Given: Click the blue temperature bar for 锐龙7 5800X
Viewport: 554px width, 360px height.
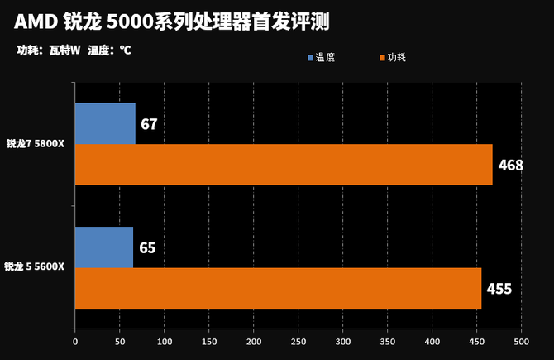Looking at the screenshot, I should pyautogui.click(x=105, y=124).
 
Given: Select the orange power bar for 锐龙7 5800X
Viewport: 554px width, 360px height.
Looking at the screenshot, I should pyautogui.click(x=284, y=165).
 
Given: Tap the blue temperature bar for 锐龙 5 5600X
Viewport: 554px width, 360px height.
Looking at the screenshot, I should pyautogui.click(x=104, y=247).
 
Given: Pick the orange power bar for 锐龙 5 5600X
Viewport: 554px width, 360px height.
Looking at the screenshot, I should pyautogui.click(x=278, y=288).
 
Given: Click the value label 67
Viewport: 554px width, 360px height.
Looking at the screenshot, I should pyautogui.click(x=149, y=125).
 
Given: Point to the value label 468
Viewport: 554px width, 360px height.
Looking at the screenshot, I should pyautogui.click(x=510, y=166).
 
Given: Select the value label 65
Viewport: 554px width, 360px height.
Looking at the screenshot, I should pyautogui.click(x=147, y=247).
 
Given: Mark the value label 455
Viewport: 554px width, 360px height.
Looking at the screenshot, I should pyautogui.click(x=499, y=289).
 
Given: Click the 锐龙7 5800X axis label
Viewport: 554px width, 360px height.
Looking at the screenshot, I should pyautogui.click(x=36, y=144).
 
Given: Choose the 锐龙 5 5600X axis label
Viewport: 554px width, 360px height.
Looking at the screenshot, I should pyautogui.click(x=35, y=266).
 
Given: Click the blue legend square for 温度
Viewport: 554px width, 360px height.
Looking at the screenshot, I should pyautogui.click(x=311, y=58).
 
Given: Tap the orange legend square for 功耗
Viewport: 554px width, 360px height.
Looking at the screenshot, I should pyautogui.click(x=382, y=58).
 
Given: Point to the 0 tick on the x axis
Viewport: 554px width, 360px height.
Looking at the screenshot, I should pyautogui.click(x=75, y=341).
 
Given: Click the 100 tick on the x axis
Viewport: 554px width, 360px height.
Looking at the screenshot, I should pyautogui.click(x=165, y=341).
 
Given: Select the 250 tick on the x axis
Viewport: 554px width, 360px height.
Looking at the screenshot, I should pyautogui.click(x=298, y=341).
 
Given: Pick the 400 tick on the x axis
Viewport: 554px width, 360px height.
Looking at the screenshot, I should pyautogui.click(x=432, y=341).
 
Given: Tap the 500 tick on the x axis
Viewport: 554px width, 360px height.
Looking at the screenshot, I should pyautogui.click(x=521, y=341).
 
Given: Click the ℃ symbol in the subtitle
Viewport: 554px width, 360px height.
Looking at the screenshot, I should pyautogui.click(x=125, y=50).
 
